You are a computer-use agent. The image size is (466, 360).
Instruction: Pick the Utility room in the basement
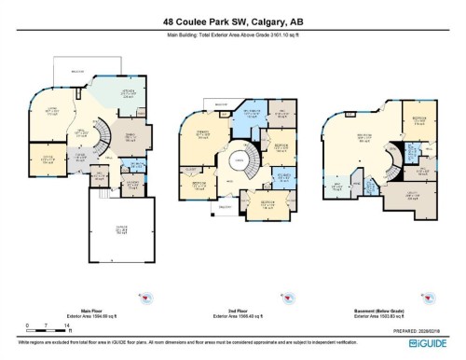tap(413, 195)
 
